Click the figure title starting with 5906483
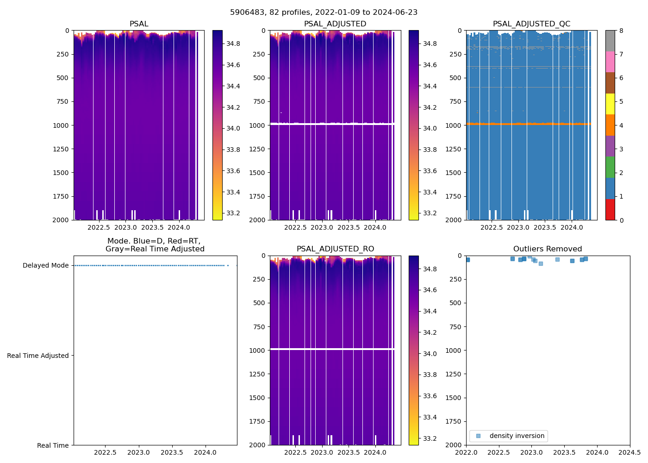(x=324, y=13)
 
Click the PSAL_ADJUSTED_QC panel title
(x=531, y=24)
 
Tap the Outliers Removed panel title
(x=548, y=249)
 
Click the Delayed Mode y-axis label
(x=45, y=265)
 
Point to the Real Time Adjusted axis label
(x=38, y=356)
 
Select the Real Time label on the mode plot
(x=53, y=445)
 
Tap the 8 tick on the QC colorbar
(x=621, y=31)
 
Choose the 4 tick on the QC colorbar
(x=621, y=125)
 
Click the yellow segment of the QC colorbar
(x=610, y=104)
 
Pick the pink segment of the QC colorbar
(x=610, y=62)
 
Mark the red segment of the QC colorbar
(x=610, y=209)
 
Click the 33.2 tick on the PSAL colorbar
(x=233, y=213)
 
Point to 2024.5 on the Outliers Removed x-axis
(x=630, y=452)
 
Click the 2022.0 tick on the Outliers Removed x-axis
(x=466, y=452)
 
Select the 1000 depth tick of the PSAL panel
(x=61, y=125)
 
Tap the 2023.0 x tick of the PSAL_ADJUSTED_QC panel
(x=518, y=227)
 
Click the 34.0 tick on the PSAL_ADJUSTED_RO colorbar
(x=430, y=354)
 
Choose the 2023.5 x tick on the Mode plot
(x=172, y=452)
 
